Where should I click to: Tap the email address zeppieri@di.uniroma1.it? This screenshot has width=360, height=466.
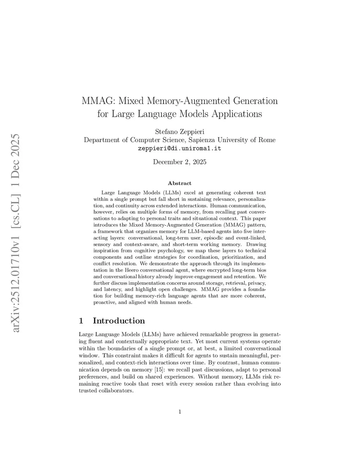click(x=180, y=148)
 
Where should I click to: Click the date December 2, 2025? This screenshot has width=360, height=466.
click(x=180, y=162)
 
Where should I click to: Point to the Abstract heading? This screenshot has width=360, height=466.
click(x=180, y=183)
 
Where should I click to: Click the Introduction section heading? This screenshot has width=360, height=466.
click(x=119, y=321)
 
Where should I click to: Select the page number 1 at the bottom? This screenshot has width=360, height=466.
click(x=180, y=412)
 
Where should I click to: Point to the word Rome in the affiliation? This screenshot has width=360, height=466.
click(x=267, y=140)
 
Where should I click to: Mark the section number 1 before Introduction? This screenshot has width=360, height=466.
click(x=81, y=321)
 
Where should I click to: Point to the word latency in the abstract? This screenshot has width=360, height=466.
click(x=112, y=289)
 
